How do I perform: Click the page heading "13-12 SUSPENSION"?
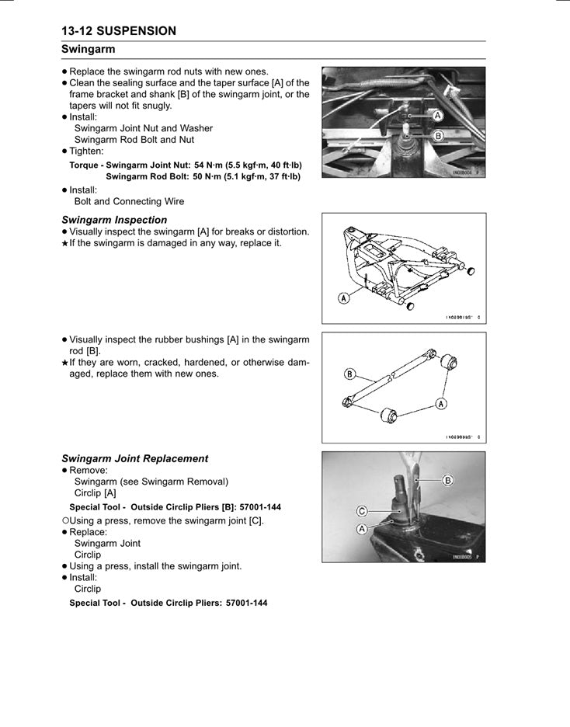coord(119,31)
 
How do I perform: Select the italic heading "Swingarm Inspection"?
coord(114,220)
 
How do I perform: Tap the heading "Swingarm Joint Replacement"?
coord(134,458)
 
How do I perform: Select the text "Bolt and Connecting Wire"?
coord(129,201)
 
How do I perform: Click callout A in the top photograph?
coord(436,115)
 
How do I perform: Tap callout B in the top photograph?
coord(436,135)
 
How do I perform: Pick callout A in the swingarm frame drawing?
coord(342,297)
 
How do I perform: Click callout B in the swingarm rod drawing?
coord(349,374)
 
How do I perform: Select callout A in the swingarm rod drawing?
coord(441,403)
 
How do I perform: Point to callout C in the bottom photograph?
coord(362,510)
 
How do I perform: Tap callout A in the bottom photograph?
coord(362,528)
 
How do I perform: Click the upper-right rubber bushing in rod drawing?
coord(449,363)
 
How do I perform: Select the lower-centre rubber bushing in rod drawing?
coord(389,414)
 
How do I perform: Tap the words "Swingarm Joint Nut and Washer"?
coord(143,128)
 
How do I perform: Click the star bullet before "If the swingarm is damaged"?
coord(64,244)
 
